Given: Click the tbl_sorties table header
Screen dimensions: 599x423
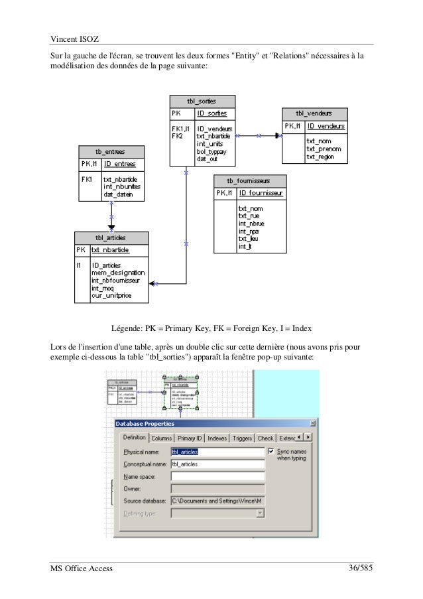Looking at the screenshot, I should click(x=202, y=101).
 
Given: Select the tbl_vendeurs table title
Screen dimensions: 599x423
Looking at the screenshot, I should click(x=314, y=113).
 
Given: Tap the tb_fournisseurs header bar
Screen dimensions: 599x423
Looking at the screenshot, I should click(x=249, y=180).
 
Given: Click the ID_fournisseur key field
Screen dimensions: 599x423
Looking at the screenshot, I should click(x=261, y=193).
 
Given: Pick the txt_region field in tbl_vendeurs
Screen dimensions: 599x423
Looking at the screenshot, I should click(x=320, y=157).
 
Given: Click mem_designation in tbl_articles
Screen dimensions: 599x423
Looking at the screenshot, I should click(x=118, y=272).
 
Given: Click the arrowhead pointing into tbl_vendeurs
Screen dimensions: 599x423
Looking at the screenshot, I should click(x=278, y=135).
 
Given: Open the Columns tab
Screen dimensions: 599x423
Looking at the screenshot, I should click(x=161, y=438).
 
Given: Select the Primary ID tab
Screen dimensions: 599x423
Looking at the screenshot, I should click(x=190, y=438).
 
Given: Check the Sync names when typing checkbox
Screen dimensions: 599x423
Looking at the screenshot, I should click(x=271, y=450).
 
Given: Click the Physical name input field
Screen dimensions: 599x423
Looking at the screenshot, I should click(x=217, y=451).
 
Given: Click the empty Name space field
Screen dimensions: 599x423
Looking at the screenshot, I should click(x=217, y=476).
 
